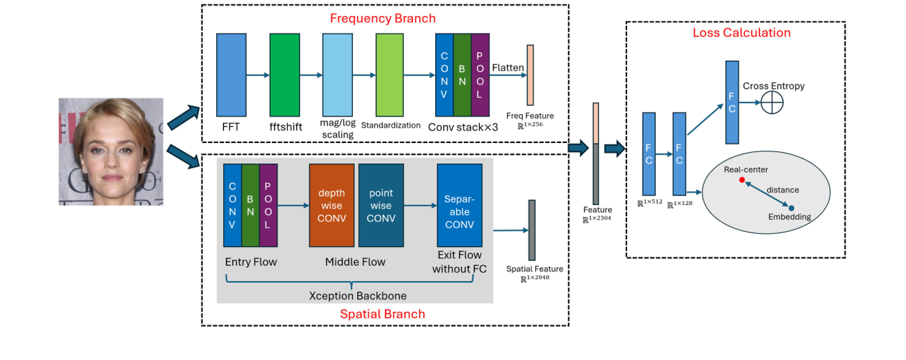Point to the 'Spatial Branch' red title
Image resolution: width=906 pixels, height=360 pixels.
coord(382,314)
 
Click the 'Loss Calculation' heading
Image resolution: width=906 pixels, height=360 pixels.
coord(741,33)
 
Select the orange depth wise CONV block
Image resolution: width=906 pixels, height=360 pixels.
coord(332,205)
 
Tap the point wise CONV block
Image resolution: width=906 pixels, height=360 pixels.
coord(381,205)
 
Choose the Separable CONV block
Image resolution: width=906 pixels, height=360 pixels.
coord(459,205)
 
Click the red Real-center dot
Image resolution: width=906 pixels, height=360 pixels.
coord(741,180)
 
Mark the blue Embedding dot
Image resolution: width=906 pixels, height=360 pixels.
coord(791,207)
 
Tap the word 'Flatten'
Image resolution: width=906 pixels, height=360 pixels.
coord(508,68)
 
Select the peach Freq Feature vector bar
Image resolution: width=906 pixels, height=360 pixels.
coord(530,75)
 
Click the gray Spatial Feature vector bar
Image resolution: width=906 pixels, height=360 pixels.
coord(531,230)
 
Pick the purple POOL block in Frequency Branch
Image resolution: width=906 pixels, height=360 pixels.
coord(481,74)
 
